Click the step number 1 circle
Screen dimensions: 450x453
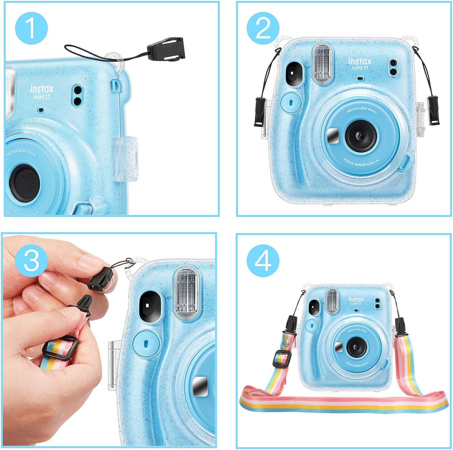click(31, 28)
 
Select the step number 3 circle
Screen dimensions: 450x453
click(31, 260)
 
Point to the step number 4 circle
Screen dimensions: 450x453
click(263, 260)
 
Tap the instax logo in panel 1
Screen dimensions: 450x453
click(42, 89)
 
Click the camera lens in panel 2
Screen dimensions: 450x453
click(361, 135)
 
